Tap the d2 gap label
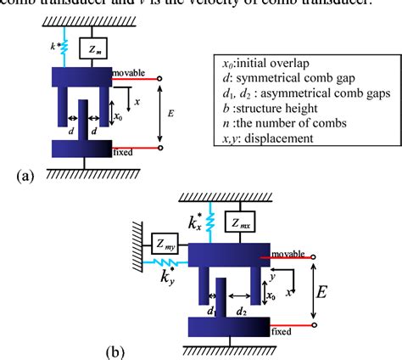click(x=241, y=312)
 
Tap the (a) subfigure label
click(x=25, y=176)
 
